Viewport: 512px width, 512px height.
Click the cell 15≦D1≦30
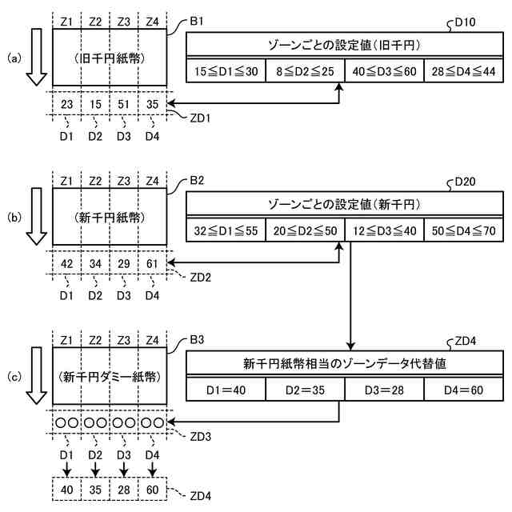tap(226, 71)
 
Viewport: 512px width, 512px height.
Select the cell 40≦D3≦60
tap(384, 71)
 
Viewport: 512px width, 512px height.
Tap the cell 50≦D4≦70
tap(464, 230)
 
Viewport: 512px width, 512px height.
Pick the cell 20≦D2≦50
tap(306, 230)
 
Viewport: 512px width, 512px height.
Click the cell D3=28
tap(384, 390)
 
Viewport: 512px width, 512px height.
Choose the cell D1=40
tap(226, 390)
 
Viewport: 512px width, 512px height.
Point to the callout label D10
tap(466, 22)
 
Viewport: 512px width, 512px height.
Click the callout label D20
tap(466, 182)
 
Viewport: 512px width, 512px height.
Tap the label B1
tap(197, 22)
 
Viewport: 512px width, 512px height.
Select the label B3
tap(197, 340)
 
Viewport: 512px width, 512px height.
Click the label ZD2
tap(201, 278)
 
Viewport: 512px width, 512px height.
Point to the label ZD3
tap(201, 437)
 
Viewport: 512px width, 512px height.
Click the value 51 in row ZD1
tap(124, 104)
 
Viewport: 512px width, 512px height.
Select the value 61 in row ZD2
tap(152, 263)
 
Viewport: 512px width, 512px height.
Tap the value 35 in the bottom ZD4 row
tap(95, 490)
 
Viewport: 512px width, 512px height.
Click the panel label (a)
tap(14, 58)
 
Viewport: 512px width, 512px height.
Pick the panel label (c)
tap(14, 377)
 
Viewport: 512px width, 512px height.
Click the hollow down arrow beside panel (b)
tap(37, 216)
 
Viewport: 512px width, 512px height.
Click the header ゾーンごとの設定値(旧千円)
tap(345, 45)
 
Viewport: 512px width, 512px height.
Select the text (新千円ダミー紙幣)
tap(110, 377)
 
